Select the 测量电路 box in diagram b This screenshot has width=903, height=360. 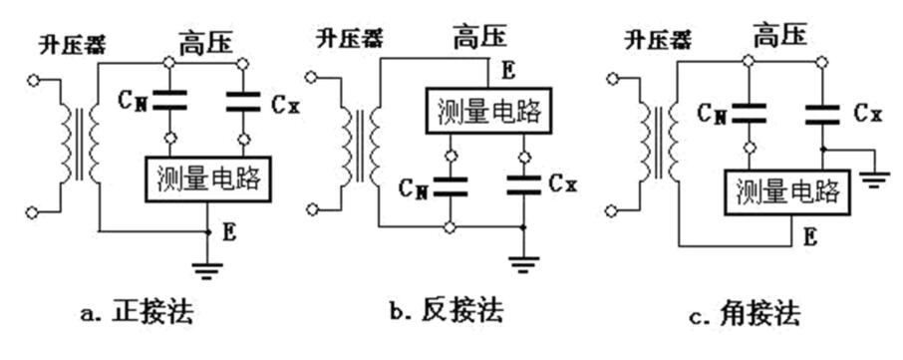[486, 111]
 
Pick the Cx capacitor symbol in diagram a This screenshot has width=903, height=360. [243, 101]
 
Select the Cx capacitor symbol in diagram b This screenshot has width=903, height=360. [521, 183]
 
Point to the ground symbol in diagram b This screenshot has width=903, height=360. [521, 263]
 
